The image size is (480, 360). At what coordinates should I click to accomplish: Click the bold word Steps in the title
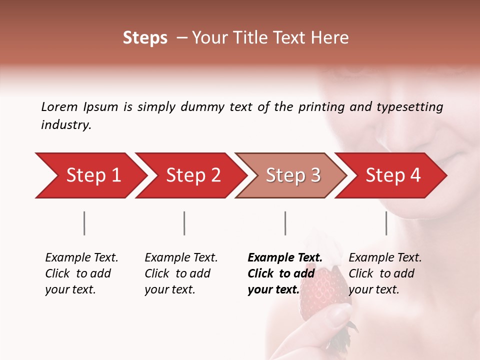coord(145,38)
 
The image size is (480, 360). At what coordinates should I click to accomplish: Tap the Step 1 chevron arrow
coord(90,175)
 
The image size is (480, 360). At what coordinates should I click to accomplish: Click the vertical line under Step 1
coord(84,223)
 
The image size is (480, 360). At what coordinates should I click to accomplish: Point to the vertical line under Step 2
coord(184,223)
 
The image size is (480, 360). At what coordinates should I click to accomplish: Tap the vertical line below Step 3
coord(285,223)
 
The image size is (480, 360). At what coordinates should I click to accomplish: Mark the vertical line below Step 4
coord(386,223)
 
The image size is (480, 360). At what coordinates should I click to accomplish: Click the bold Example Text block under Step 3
coord(285,273)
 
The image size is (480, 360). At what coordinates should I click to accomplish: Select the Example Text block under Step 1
coord(81,273)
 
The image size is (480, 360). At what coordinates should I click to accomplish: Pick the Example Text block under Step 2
coord(181,273)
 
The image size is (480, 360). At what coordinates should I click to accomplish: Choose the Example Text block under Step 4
coord(385,273)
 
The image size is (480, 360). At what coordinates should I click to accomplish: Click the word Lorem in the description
coord(59,107)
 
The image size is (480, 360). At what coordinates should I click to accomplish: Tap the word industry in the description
coord(65,125)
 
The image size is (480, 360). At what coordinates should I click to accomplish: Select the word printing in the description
coord(321,107)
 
